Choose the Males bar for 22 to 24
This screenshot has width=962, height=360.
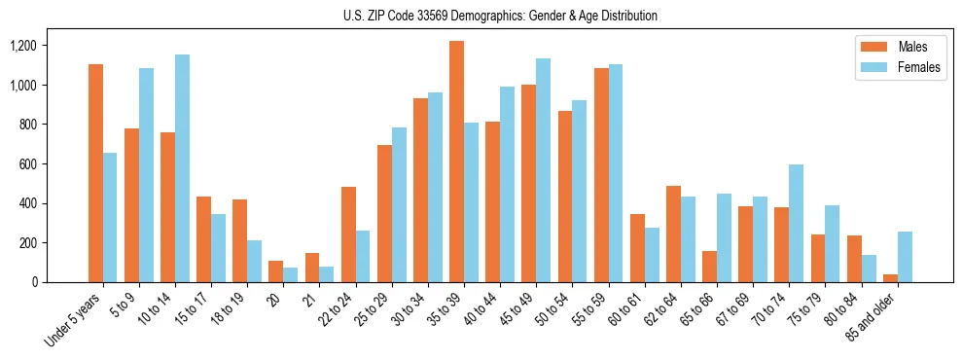point(348,234)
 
